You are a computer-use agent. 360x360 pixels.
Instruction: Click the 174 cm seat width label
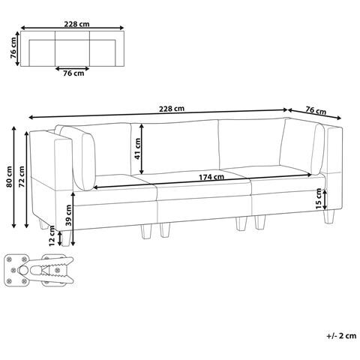click(x=211, y=177)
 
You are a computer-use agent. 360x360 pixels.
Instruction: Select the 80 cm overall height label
click(x=9, y=176)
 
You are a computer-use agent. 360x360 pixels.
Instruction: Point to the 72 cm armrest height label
click(x=22, y=176)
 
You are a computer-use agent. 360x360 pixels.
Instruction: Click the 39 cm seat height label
click(x=68, y=215)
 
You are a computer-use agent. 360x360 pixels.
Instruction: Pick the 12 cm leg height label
click(x=52, y=235)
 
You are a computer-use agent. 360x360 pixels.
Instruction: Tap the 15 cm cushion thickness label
click(x=319, y=199)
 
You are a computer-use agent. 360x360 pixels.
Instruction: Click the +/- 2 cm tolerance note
click(x=341, y=335)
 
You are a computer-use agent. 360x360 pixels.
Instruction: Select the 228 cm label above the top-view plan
click(x=76, y=24)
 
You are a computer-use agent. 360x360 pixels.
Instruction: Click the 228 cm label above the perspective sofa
click(x=172, y=109)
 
